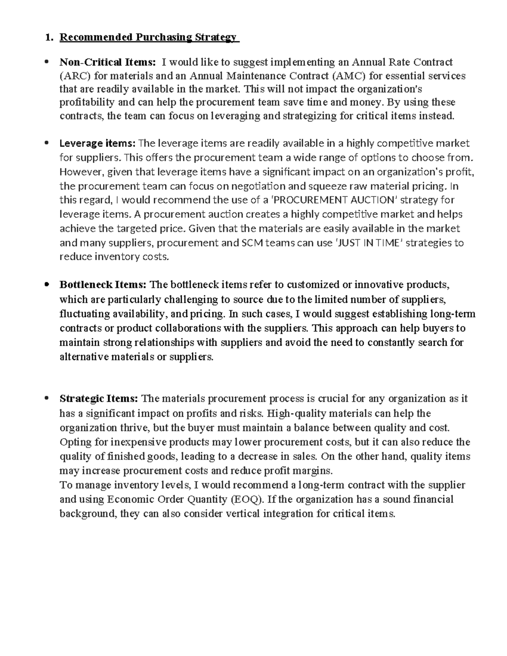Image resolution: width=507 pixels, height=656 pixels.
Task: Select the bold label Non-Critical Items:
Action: [107, 62]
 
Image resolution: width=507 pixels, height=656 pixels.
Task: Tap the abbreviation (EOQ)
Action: [247, 499]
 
